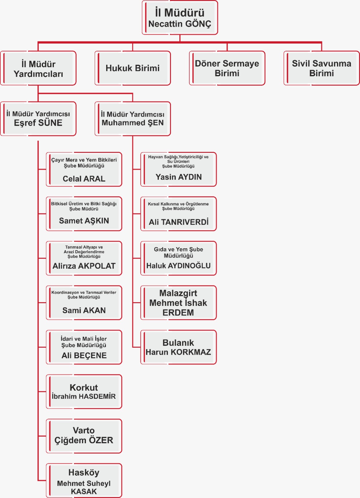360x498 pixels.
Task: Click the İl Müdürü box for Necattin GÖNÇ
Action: (x=180, y=18)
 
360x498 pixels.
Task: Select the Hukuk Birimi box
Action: (x=133, y=68)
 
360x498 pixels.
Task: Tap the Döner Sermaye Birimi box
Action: (x=227, y=68)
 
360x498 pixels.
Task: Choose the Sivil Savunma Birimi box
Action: (x=321, y=68)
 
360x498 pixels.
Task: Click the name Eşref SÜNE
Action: (x=38, y=123)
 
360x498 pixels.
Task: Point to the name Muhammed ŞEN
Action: (x=133, y=123)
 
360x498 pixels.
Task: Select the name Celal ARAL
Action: (x=84, y=179)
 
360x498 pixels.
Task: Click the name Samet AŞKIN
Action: (x=84, y=221)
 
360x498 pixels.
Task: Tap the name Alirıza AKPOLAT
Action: (x=84, y=266)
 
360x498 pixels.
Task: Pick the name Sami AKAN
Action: (x=84, y=310)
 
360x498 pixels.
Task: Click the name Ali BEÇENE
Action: (x=84, y=355)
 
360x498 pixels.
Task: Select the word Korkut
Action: (x=84, y=388)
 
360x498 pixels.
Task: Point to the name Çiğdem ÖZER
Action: (x=84, y=440)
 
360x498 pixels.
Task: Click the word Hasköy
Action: (x=84, y=472)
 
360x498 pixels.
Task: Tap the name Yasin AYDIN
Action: (x=178, y=177)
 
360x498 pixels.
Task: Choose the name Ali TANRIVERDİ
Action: (x=178, y=222)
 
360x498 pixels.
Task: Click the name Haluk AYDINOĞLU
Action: (x=178, y=266)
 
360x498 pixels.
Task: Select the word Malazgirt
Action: (x=178, y=293)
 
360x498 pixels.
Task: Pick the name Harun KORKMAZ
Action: (x=178, y=352)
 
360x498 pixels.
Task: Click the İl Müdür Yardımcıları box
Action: (x=38, y=69)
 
